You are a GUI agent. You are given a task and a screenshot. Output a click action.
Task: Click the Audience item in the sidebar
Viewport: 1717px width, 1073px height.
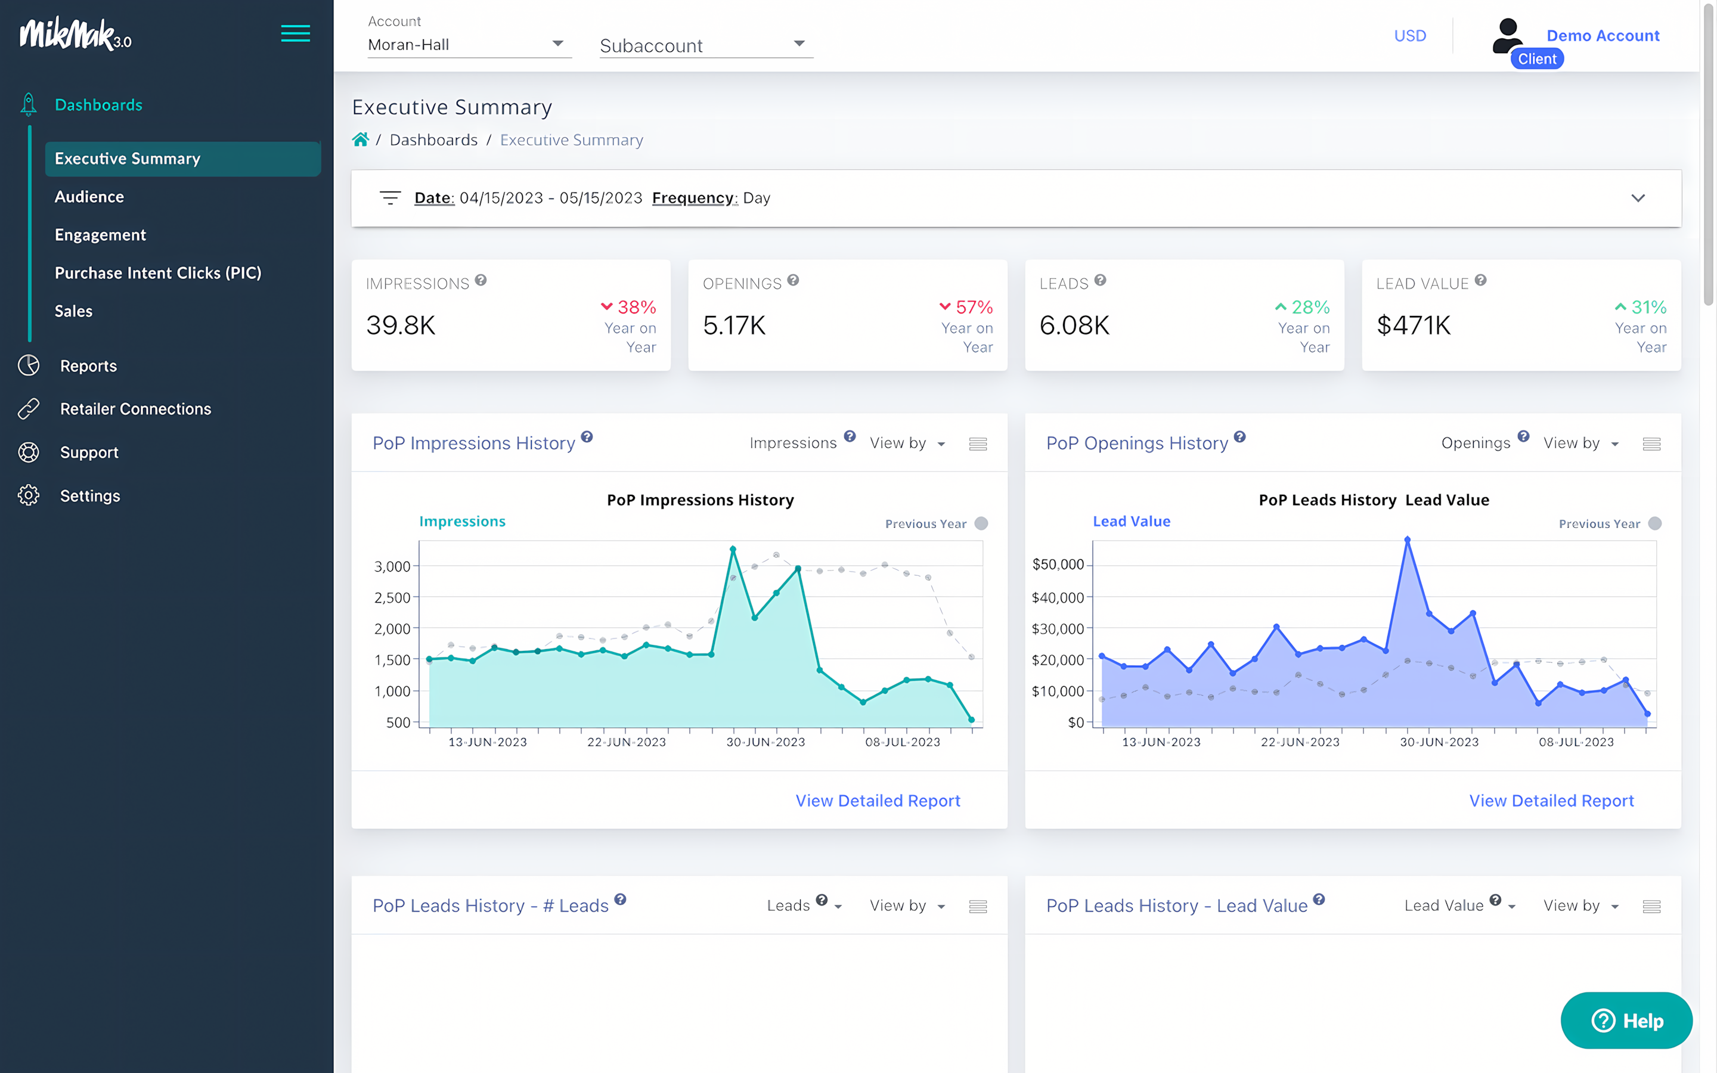[89, 197]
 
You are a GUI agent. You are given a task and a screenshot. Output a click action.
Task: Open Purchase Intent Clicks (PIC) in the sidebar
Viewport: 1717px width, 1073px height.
[157, 272]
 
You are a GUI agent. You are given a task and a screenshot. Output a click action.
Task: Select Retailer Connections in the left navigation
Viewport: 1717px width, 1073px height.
[135, 409]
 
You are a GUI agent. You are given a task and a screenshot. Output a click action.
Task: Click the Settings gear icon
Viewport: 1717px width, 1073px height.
[29, 495]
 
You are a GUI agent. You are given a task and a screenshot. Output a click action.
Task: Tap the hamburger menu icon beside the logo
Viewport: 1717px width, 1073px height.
[295, 33]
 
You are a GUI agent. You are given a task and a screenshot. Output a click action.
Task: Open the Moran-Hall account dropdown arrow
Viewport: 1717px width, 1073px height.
[557, 44]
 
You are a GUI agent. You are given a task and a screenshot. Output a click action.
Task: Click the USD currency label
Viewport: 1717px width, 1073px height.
[1409, 36]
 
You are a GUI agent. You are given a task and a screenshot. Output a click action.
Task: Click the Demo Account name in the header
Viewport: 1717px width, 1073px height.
[1602, 36]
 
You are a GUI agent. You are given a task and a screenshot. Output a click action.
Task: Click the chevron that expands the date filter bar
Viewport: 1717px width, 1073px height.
[1638, 198]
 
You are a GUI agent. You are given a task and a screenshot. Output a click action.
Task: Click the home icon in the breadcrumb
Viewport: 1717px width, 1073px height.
[361, 140]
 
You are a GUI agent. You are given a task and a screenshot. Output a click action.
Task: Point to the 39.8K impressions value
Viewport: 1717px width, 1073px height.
[401, 325]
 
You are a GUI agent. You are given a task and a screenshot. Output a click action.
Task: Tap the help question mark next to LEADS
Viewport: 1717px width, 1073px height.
[1100, 280]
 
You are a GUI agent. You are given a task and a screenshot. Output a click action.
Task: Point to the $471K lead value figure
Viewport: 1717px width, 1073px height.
[1414, 325]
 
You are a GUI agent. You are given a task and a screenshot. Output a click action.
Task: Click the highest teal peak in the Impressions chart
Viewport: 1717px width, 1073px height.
[733, 548]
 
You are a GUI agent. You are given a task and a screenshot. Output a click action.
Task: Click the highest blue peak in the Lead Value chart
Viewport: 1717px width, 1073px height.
[1407, 540]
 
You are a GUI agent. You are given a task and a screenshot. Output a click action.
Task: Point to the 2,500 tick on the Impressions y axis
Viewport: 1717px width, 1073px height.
[392, 597]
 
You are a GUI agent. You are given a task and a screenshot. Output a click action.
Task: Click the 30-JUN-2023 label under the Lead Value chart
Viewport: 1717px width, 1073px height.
[1439, 742]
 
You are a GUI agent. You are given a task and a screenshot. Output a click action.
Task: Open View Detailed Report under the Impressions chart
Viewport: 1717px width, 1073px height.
[878, 801]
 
